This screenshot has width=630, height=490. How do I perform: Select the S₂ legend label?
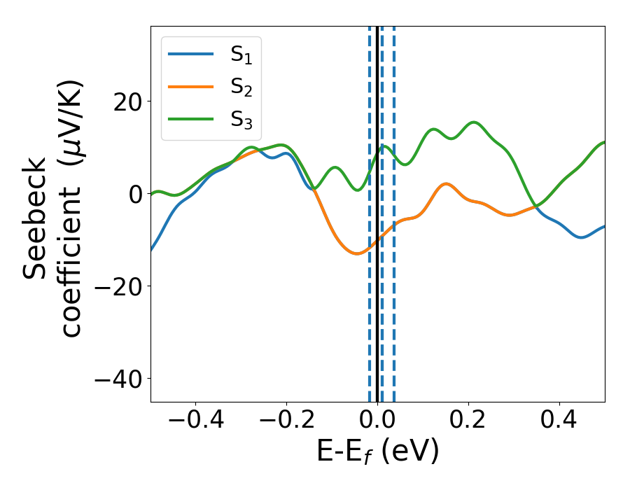(241, 88)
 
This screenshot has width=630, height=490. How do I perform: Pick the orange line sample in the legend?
(190, 87)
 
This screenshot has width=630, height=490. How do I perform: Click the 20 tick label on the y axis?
(126, 101)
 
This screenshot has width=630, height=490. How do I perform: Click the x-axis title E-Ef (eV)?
(377, 453)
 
